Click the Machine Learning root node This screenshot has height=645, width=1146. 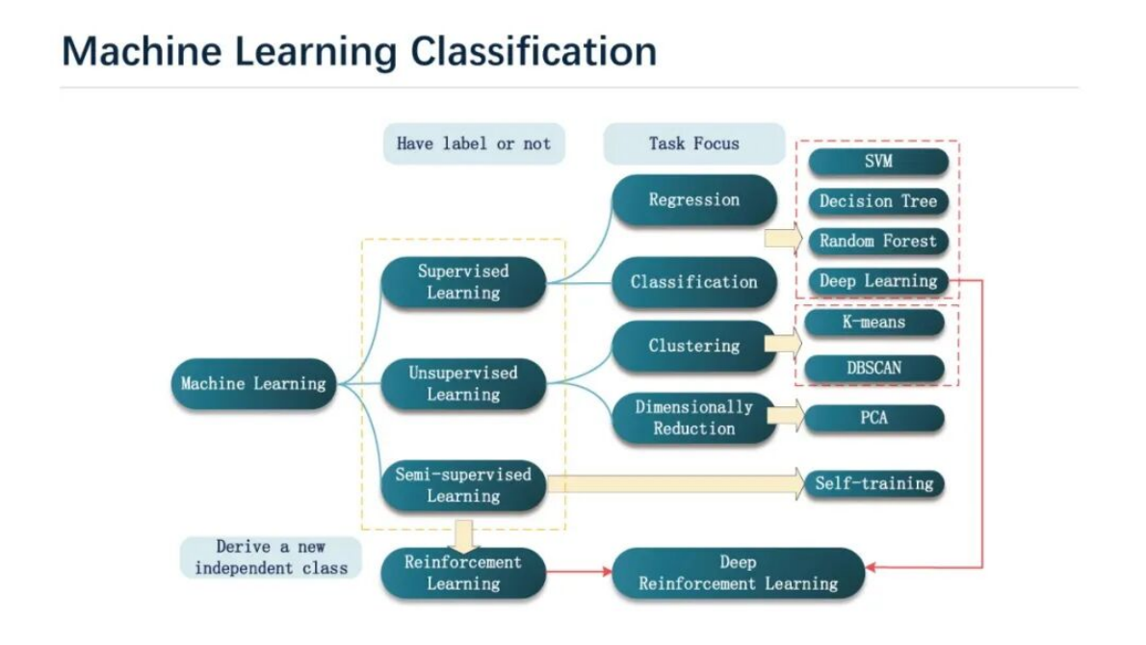(x=253, y=384)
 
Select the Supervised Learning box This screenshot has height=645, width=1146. (x=463, y=282)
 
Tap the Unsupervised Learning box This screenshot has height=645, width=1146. (x=463, y=384)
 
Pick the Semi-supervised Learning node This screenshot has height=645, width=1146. (x=463, y=485)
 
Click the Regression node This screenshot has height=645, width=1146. (x=693, y=200)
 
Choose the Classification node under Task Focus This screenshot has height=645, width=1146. (x=693, y=282)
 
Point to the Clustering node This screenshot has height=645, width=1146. (x=693, y=346)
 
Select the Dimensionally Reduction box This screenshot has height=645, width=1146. (x=693, y=419)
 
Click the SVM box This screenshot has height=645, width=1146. (x=877, y=162)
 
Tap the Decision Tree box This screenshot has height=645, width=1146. (x=877, y=202)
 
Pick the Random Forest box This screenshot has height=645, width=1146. (x=877, y=242)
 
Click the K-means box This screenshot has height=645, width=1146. (x=874, y=322)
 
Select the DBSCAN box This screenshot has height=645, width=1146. (x=874, y=368)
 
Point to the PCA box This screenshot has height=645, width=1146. (x=874, y=419)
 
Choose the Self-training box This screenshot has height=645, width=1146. (x=874, y=483)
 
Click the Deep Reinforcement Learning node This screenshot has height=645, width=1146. (x=738, y=573)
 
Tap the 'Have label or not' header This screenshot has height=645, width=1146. (x=473, y=144)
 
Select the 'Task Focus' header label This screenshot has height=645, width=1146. (x=693, y=144)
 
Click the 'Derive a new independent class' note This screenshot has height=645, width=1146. (x=271, y=557)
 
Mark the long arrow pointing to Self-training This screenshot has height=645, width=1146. (x=674, y=483)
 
